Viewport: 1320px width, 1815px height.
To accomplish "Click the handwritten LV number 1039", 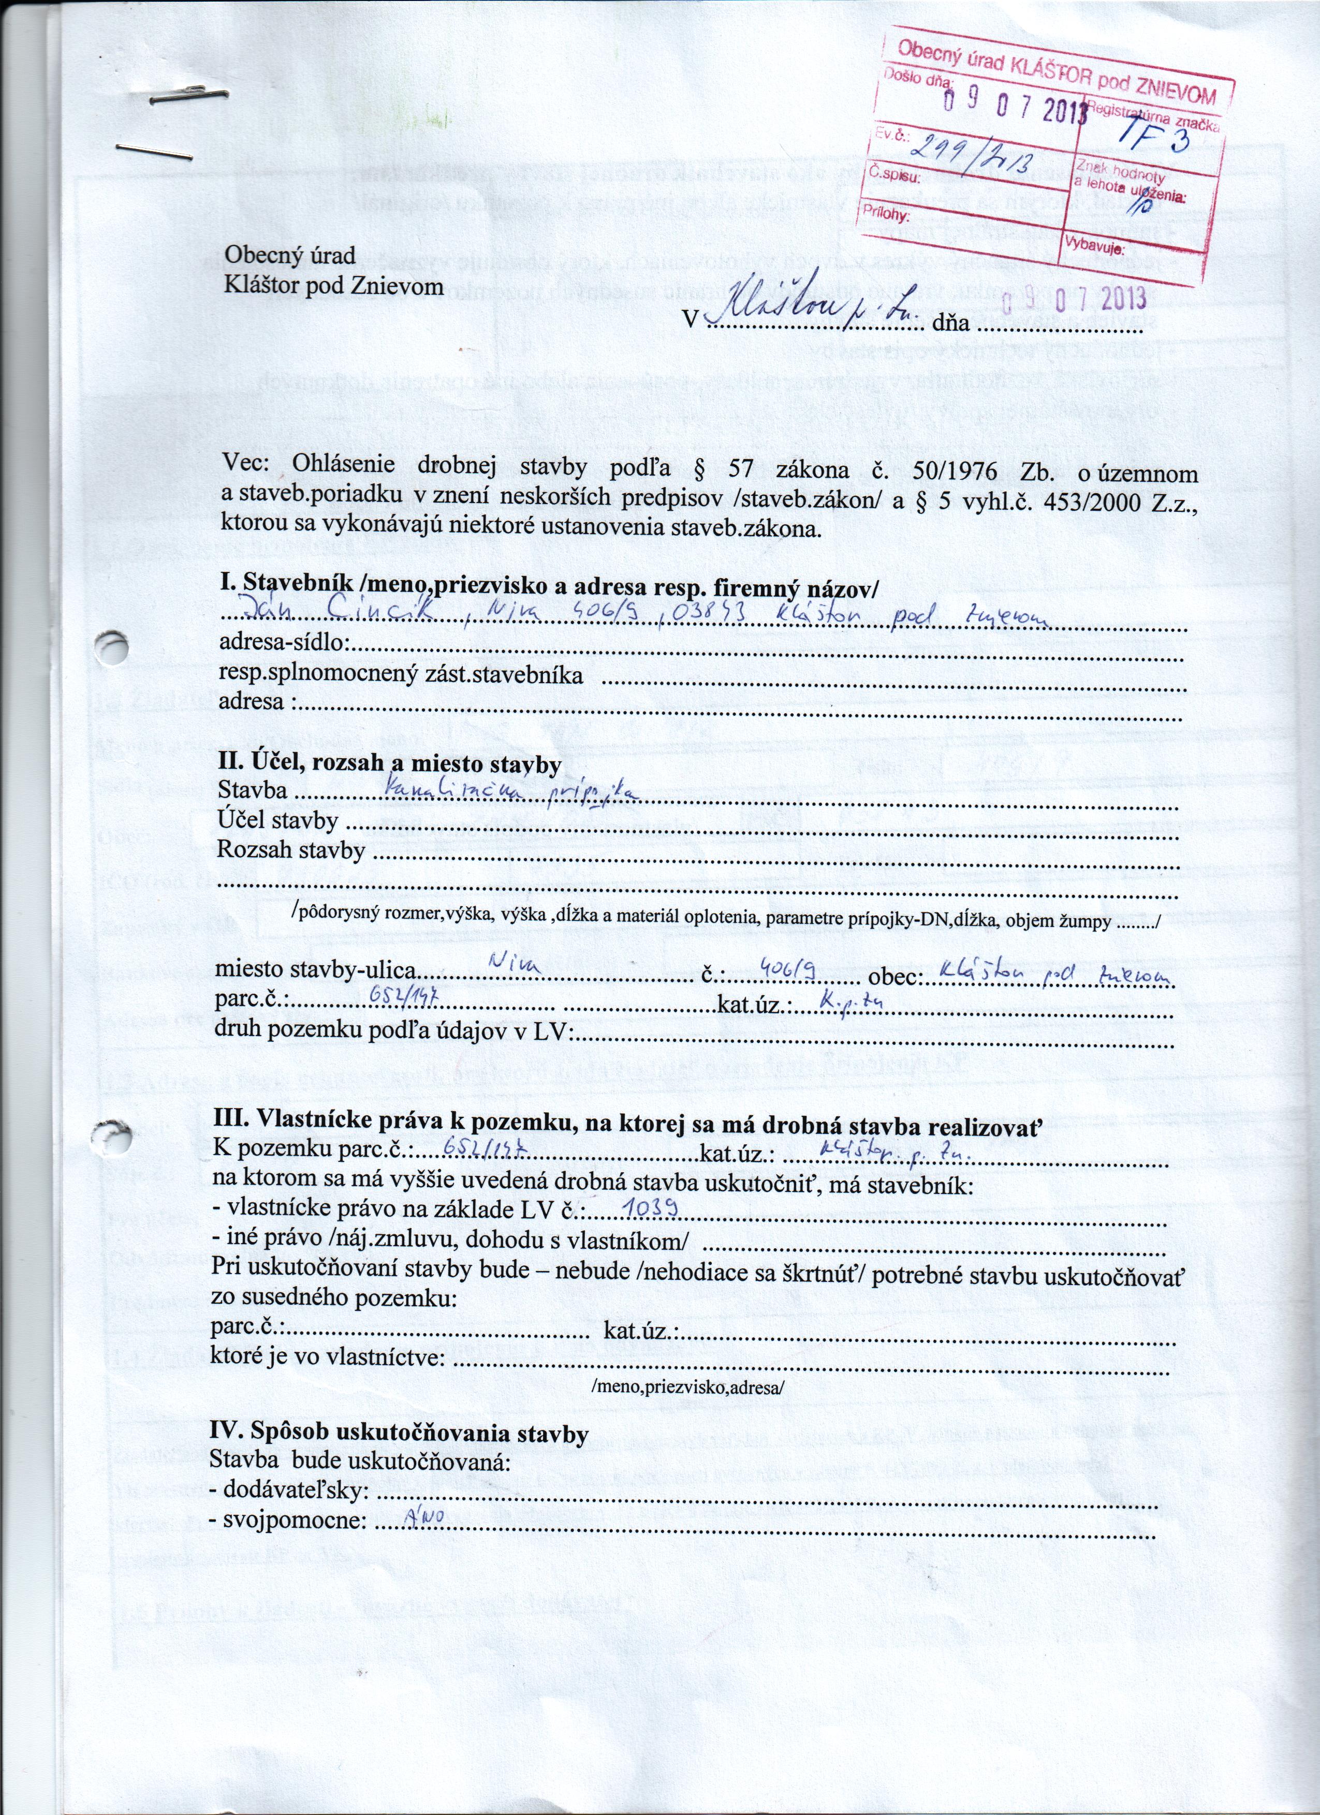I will pyautogui.click(x=652, y=1207).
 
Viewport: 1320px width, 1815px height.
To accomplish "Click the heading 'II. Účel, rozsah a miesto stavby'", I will pyautogui.click(x=389, y=764).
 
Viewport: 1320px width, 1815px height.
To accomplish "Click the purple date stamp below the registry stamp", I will pyautogui.click(x=1075, y=300).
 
